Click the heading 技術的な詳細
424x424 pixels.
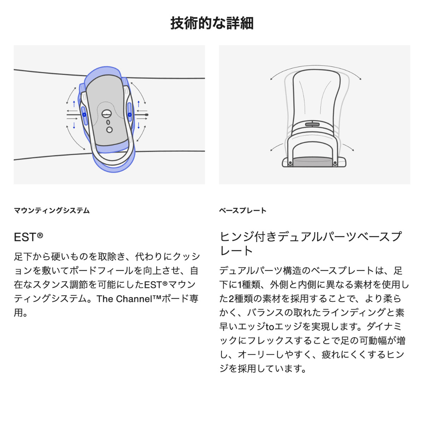coord(212,23)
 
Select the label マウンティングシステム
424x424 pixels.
coord(52,211)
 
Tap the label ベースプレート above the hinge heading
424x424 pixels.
coord(243,211)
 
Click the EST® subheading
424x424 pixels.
coord(28,237)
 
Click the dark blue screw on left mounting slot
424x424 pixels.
coord(84,114)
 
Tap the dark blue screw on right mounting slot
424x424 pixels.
coord(129,114)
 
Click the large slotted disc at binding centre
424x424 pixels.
coord(106,114)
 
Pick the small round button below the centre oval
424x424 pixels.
coord(109,130)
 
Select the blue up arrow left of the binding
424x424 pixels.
coord(74,104)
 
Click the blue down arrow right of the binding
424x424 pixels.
coord(139,125)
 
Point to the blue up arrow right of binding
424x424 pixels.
coord(139,104)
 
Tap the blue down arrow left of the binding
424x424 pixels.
coord(74,125)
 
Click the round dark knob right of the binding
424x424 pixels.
coord(147,114)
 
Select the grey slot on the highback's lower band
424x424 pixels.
coord(312,124)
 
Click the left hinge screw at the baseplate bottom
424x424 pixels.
coord(290,163)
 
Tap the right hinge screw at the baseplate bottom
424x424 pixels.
coord(335,163)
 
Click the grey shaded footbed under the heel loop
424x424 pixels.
coord(312,162)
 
